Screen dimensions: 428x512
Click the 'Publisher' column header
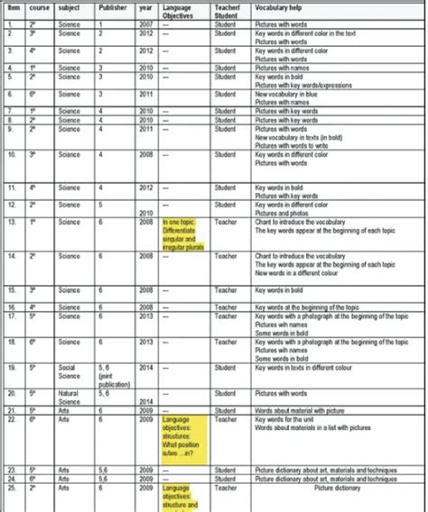pyautogui.click(x=112, y=9)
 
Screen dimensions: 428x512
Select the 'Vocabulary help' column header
pyautogui.click(x=277, y=9)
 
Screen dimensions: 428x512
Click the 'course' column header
pyautogui.click(x=37, y=9)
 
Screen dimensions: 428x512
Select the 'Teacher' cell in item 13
pyautogui.click(x=225, y=218)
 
